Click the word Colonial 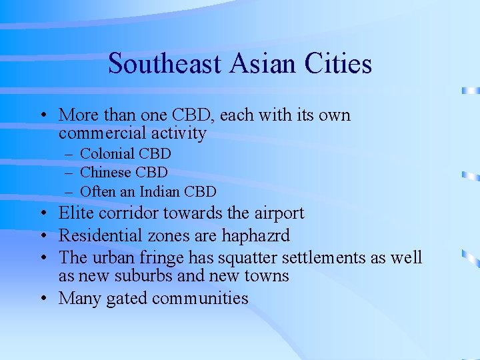coord(109,154)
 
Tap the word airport coord(276,214)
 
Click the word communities coord(200,299)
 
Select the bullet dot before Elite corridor coord(42,214)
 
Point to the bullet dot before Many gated coord(42,298)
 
